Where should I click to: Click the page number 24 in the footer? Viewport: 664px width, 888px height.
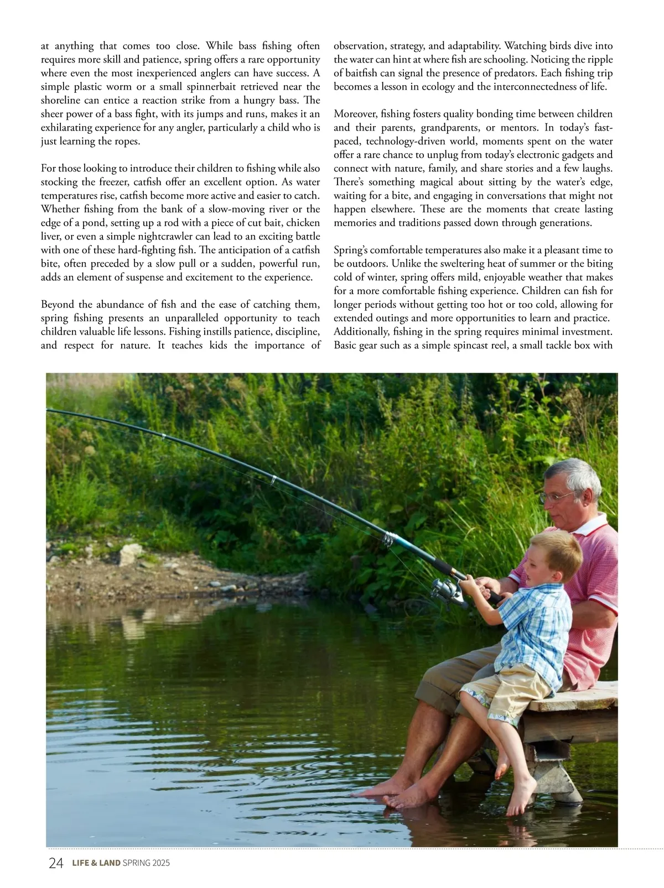point(56,863)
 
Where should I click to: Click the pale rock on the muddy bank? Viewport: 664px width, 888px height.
point(132,553)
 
